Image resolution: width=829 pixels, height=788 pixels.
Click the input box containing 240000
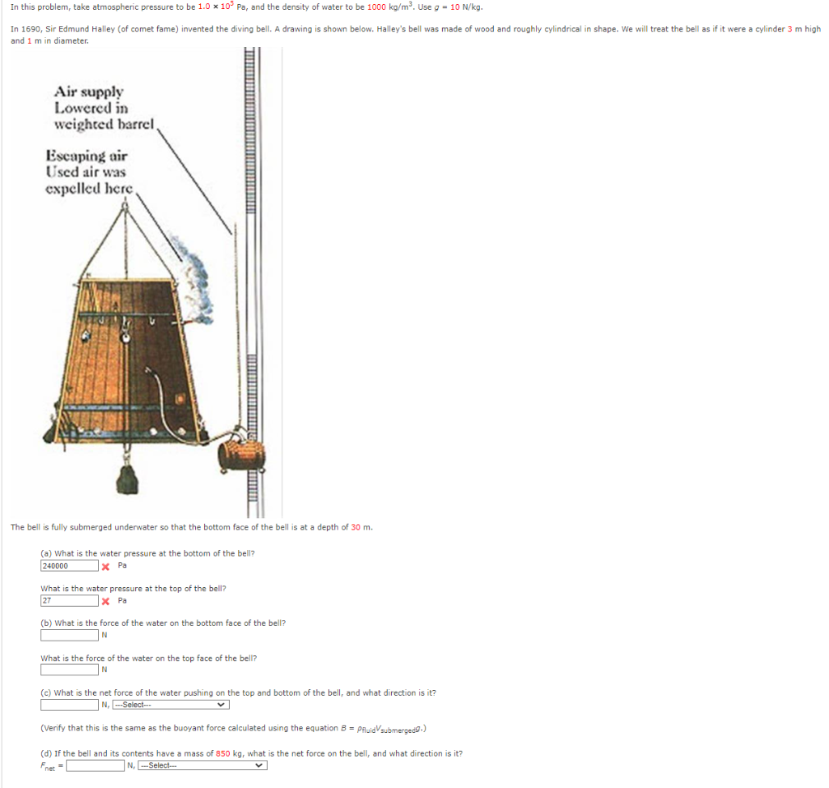click(x=69, y=566)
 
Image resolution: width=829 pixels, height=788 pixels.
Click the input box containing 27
click(x=69, y=601)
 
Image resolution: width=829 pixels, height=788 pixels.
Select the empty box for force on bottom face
click(x=69, y=635)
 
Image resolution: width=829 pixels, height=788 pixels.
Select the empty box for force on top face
click(x=69, y=670)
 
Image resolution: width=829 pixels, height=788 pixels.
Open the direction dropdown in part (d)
click(x=202, y=765)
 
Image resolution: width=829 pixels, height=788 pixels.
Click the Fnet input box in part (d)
click(x=96, y=765)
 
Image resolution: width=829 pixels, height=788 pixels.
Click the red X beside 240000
click(x=105, y=566)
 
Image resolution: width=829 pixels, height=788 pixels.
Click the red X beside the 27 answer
click(x=105, y=601)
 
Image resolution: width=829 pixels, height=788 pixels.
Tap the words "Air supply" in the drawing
click(x=88, y=92)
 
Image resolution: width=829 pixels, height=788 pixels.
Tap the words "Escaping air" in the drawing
click(x=87, y=155)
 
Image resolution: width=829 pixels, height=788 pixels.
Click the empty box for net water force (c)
click(x=69, y=704)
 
